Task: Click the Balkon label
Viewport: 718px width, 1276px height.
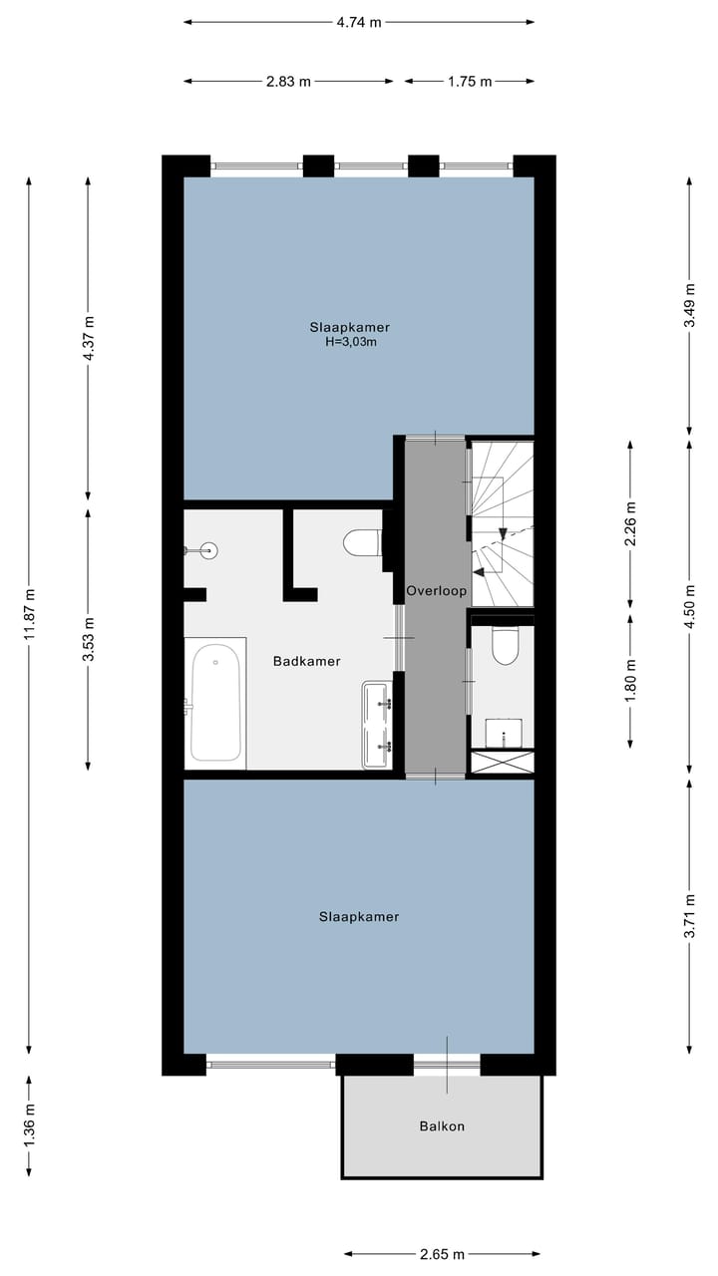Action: click(443, 1126)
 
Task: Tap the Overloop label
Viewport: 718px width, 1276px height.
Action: click(437, 591)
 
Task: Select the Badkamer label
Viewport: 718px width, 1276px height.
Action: click(307, 661)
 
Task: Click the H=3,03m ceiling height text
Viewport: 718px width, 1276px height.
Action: click(349, 341)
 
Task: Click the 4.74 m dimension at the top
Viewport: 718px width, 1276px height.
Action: click(359, 22)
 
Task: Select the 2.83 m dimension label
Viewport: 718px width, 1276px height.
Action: click(288, 82)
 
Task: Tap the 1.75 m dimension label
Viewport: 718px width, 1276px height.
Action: click(469, 82)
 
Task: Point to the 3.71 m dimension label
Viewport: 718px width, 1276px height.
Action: click(689, 915)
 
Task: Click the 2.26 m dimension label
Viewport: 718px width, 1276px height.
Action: click(629, 523)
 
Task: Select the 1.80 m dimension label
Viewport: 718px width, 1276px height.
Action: click(629, 680)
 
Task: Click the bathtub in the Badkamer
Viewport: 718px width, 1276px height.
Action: click(215, 703)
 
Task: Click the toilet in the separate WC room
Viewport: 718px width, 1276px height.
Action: click(505, 647)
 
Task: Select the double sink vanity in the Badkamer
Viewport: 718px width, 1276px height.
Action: click(378, 725)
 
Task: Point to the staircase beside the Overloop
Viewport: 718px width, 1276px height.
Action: click(502, 523)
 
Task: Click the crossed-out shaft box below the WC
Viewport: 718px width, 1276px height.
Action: click(502, 763)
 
